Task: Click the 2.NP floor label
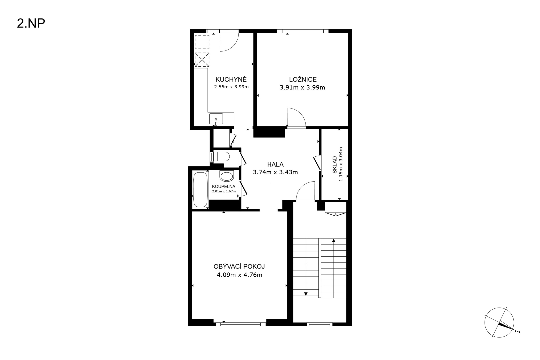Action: pyautogui.click(x=31, y=24)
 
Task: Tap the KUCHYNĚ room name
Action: pyautogui.click(x=231, y=79)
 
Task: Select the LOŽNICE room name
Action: pyautogui.click(x=303, y=79)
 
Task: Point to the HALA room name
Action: pyautogui.click(x=275, y=164)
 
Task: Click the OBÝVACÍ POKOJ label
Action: pyautogui.click(x=239, y=266)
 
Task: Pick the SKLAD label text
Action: pyautogui.click(x=335, y=165)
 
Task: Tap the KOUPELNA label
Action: pyautogui.click(x=224, y=187)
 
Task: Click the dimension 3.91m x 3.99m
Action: pyautogui.click(x=302, y=87)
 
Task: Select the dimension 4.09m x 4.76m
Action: pyautogui.click(x=240, y=275)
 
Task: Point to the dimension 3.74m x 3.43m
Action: pyautogui.click(x=275, y=172)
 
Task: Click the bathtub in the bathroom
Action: pyautogui.click(x=200, y=189)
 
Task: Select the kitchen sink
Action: pyautogui.click(x=216, y=119)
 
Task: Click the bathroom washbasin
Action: pyautogui.click(x=227, y=176)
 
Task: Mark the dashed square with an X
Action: pyautogui.click(x=202, y=60)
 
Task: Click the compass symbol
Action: pyautogui.click(x=499, y=323)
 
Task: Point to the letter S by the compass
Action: pyautogui.click(x=517, y=332)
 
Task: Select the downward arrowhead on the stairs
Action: pyautogui.click(x=306, y=294)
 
